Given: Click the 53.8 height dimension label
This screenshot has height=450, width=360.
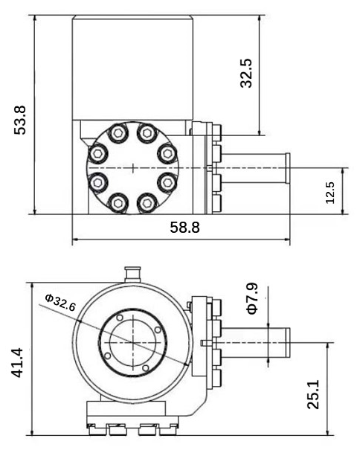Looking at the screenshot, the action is pyautogui.click(x=20, y=120).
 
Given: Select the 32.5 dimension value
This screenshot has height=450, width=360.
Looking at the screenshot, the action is pyautogui.click(x=246, y=73).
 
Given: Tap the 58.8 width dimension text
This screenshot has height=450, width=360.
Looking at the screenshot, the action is pyautogui.click(x=184, y=228).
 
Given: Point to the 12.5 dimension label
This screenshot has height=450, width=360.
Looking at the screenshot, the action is pyautogui.click(x=330, y=193).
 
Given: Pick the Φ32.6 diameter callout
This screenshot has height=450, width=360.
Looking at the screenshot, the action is pyautogui.click(x=60, y=303).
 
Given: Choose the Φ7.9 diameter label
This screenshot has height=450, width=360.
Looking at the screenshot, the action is pyautogui.click(x=252, y=298).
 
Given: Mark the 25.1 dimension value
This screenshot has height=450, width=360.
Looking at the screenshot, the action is pyautogui.click(x=313, y=394).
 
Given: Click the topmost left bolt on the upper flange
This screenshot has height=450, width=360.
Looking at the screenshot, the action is pyautogui.click(x=118, y=132).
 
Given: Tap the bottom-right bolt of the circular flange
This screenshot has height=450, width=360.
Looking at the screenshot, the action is pyautogui.click(x=147, y=203).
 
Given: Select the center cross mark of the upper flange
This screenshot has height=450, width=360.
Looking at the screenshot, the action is pyautogui.click(x=133, y=168).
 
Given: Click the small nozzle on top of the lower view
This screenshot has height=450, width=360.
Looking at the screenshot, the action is pyautogui.click(x=132, y=274).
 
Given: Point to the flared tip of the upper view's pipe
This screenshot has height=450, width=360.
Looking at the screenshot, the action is pyautogui.click(x=287, y=168).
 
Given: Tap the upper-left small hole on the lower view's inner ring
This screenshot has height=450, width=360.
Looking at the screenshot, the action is pyautogui.click(x=120, y=318).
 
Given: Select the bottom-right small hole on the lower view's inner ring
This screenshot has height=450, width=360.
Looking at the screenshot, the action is pyautogui.click(x=146, y=367).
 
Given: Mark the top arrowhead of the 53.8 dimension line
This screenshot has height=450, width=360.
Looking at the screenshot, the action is pyautogui.click(x=35, y=19).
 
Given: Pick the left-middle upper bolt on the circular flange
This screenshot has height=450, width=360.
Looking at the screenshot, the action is pyautogui.click(x=98, y=153).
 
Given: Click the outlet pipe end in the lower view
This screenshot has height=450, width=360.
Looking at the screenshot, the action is pyautogui.click(x=287, y=342).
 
